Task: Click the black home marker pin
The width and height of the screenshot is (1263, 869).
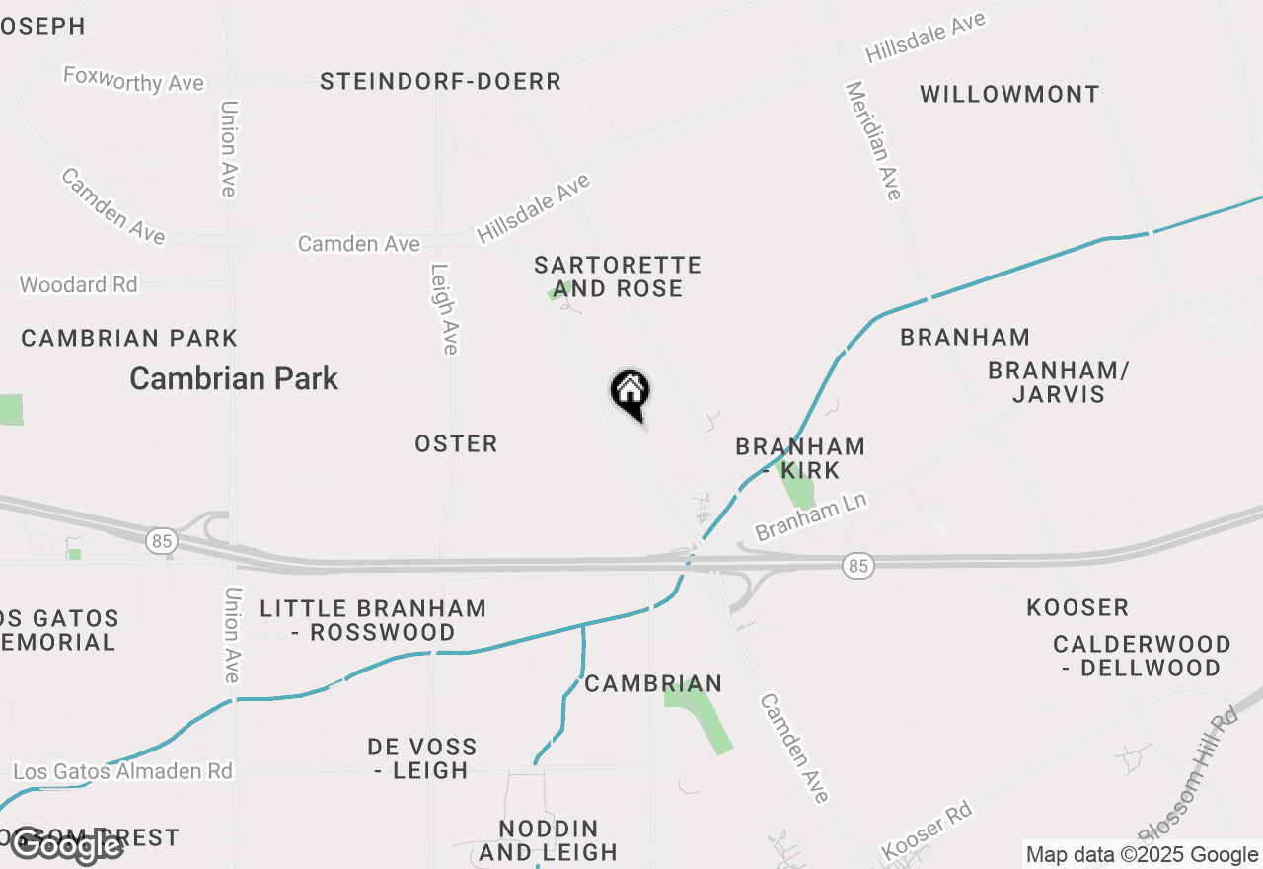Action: point(630,392)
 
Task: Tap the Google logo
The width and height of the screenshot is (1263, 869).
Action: point(66,845)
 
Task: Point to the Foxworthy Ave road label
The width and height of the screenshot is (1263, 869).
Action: point(133,79)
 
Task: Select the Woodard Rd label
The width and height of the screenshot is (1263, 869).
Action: point(79,284)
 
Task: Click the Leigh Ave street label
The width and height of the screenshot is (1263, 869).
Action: point(443,308)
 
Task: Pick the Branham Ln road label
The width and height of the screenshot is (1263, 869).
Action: point(811,516)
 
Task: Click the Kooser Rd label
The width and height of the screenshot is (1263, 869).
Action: point(927,830)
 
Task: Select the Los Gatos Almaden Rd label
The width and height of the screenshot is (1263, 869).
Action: point(123,770)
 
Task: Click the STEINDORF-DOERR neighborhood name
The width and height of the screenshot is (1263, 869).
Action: point(440,82)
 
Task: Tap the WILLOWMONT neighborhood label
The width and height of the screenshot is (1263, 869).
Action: point(1009,95)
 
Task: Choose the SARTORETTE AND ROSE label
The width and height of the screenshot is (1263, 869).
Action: point(618,276)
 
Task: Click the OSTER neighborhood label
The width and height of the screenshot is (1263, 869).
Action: point(456,444)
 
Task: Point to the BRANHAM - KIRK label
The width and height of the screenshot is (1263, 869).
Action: point(800,458)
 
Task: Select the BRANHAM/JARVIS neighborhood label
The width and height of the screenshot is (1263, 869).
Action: point(1059,382)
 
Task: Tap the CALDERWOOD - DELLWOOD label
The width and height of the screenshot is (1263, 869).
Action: point(1142,656)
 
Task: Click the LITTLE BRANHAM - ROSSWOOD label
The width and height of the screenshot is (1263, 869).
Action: point(373,620)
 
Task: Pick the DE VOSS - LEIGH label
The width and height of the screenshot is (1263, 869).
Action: point(421,758)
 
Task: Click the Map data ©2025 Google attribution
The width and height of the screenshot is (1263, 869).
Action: point(1142,855)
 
